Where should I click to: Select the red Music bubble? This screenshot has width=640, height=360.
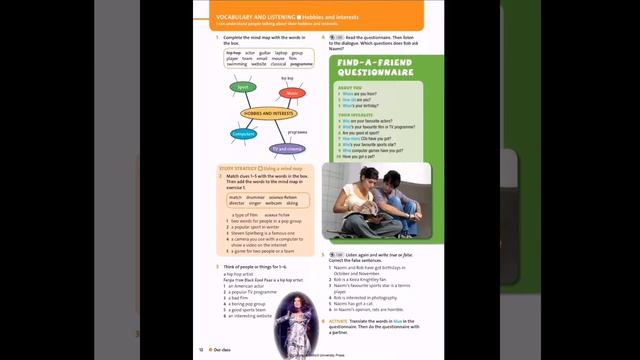(x=291, y=93)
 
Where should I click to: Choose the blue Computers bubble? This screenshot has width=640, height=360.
(x=243, y=133)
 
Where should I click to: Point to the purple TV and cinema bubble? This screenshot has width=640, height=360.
(x=289, y=148)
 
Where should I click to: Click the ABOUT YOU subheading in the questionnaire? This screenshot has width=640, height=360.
(x=350, y=87)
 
